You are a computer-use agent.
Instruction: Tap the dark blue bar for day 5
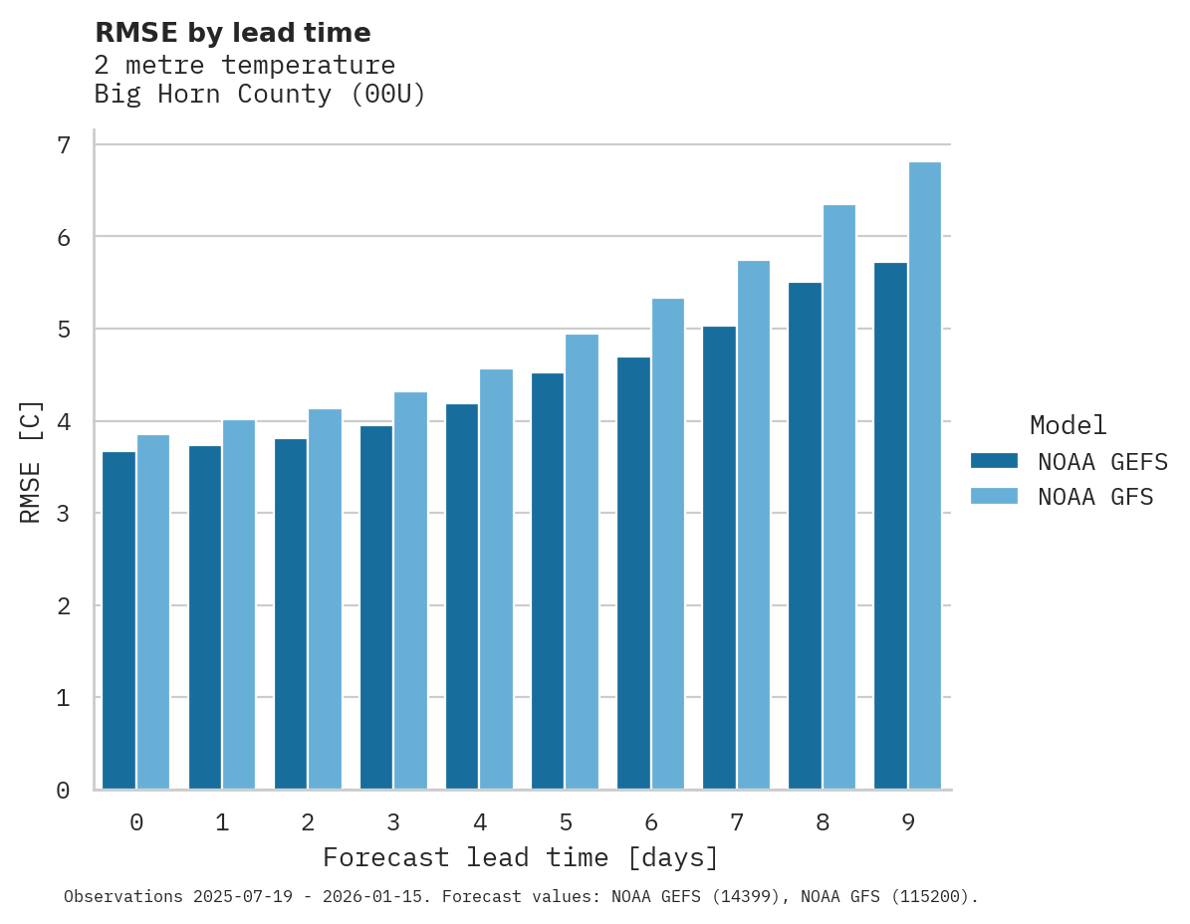pyautogui.click(x=548, y=581)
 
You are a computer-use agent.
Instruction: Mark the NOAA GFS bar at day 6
pyautogui.click(x=668, y=544)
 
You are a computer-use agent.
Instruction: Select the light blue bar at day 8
pyautogui.click(x=839, y=497)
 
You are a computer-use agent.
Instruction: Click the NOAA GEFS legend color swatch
pyautogui.click(x=994, y=461)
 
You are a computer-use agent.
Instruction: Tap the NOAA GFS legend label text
pyautogui.click(x=1095, y=497)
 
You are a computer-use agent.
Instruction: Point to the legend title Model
pyautogui.click(x=1069, y=425)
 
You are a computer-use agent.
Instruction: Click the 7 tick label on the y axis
pyautogui.click(x=64, y=145)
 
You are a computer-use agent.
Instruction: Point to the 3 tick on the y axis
pyautogui.click(x=64, y=514)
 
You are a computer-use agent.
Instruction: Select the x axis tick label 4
pyautogui.click(x=480, y=822)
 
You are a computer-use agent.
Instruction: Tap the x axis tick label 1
pyautogui.click(x=222, y=822)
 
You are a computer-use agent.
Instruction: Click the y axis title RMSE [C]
pyautogui.click(x=31, y=461)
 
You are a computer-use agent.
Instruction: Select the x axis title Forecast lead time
pyautogui.click(x=520, y=857)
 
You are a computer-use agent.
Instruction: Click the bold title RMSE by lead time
pyautogui.click(x=233, y=33)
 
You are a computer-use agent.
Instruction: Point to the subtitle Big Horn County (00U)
pyautogui.click(x=260, y=95)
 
